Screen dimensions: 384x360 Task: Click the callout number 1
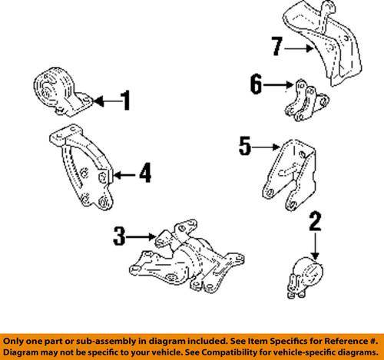pyautogui.click(x=126, y=101)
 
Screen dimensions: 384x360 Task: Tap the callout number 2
pyautogui.click(x=315, y=222)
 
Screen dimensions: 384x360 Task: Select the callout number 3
pyautogui.click(x=119, y=236)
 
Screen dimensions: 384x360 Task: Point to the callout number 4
pyautogui.click(x=145, y=173)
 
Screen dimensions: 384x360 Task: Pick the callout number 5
pyautogui.click(x=245, y=146)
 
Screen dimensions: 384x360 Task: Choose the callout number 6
pyautogui.click(x=257, y=84)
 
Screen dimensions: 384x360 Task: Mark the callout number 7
pyautogui.click(x=277, y=46)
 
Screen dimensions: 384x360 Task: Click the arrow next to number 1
pyautogui.click(x=107, y=101)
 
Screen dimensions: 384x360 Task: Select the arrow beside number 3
pyautogui.click(x=141, y=237)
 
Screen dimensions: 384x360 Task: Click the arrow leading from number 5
pyautogui.click(x=266, y=147)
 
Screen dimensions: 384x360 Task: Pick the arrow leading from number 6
pyautogui.click(x=278, y=84)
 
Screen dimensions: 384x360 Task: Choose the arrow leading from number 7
pyautogui.click(x=299, y=48)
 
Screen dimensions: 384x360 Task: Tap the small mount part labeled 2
pyautogui.click(x=305, y=278)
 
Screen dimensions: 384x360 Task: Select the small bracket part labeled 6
pyautogui.click(x=306, y=101)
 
